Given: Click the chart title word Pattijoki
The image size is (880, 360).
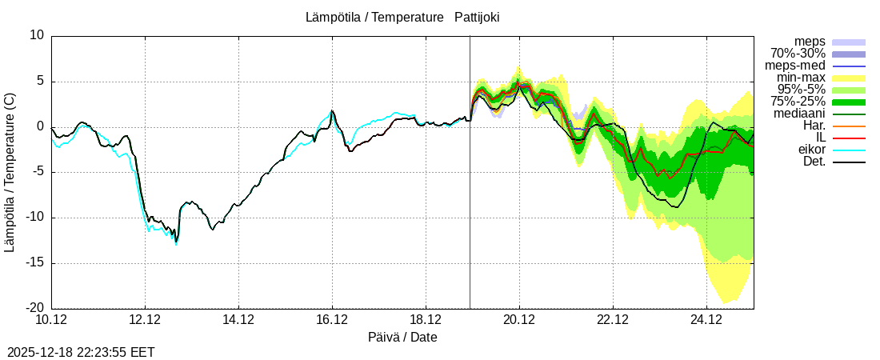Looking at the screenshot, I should click(477, 18).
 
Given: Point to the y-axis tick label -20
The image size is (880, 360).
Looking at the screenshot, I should click(34, 309).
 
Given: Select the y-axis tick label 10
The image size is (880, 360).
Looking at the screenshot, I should click(38, 35).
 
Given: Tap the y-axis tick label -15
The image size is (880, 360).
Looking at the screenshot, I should click(34, 263).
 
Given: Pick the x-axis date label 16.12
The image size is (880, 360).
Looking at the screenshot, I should click(332, 320).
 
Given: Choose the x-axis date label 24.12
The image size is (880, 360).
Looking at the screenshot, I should click(706, 320).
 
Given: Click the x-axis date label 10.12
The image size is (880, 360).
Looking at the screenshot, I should click(51, 320).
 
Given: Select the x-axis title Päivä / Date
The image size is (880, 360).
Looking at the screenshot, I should click(402, 338).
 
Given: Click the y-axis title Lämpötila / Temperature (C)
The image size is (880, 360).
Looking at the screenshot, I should click(10, 172).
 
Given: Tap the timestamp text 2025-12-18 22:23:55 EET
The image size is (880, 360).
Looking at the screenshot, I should click(81, 352).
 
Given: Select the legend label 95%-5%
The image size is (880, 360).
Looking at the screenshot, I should click(801, 90).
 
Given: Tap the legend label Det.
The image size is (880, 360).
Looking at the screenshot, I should click(814, 162).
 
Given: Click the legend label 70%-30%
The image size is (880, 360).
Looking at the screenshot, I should click(798, 54).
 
